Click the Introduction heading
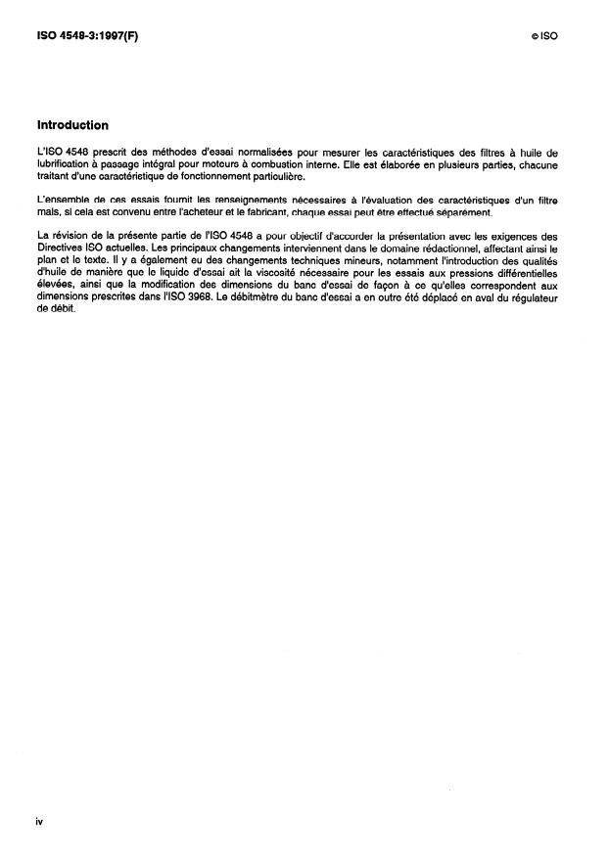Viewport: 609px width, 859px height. coord(72,125)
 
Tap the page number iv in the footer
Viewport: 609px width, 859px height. coord(39,821)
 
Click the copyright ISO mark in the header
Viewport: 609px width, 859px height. coord(544,34)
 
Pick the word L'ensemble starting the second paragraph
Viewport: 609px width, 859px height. coord(61,201)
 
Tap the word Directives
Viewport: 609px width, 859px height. coord(61,249)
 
